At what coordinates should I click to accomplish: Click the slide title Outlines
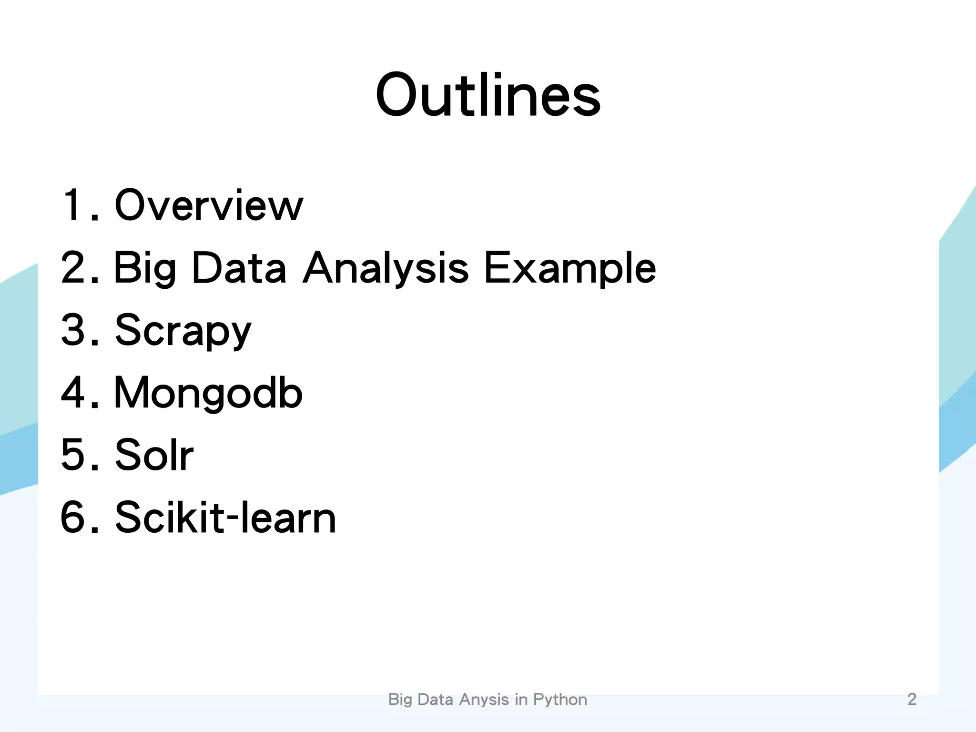pyautogui.click(x=488, y=95)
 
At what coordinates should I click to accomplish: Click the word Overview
pyautogui.click(x=209, y=205)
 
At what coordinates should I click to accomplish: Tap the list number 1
pyautogui.click(x=75, y=205)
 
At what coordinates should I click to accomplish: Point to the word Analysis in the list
pyautogui.click(x=386, y=269)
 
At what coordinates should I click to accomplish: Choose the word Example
pyautogui.click(x=570, y=269)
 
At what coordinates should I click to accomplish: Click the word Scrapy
pyautogui.click(x=183, y=331)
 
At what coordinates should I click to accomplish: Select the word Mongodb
pyautogui.click(x=208, y=393)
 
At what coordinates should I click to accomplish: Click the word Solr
pyautogui.click(x=154, y=455)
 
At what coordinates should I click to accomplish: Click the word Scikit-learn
pyautogui.click(x=225, y=518)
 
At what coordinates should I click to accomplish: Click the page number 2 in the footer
pyautogui.click(x=912, y=699)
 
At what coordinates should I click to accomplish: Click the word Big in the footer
pyautogui.click(x=400, y=700)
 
